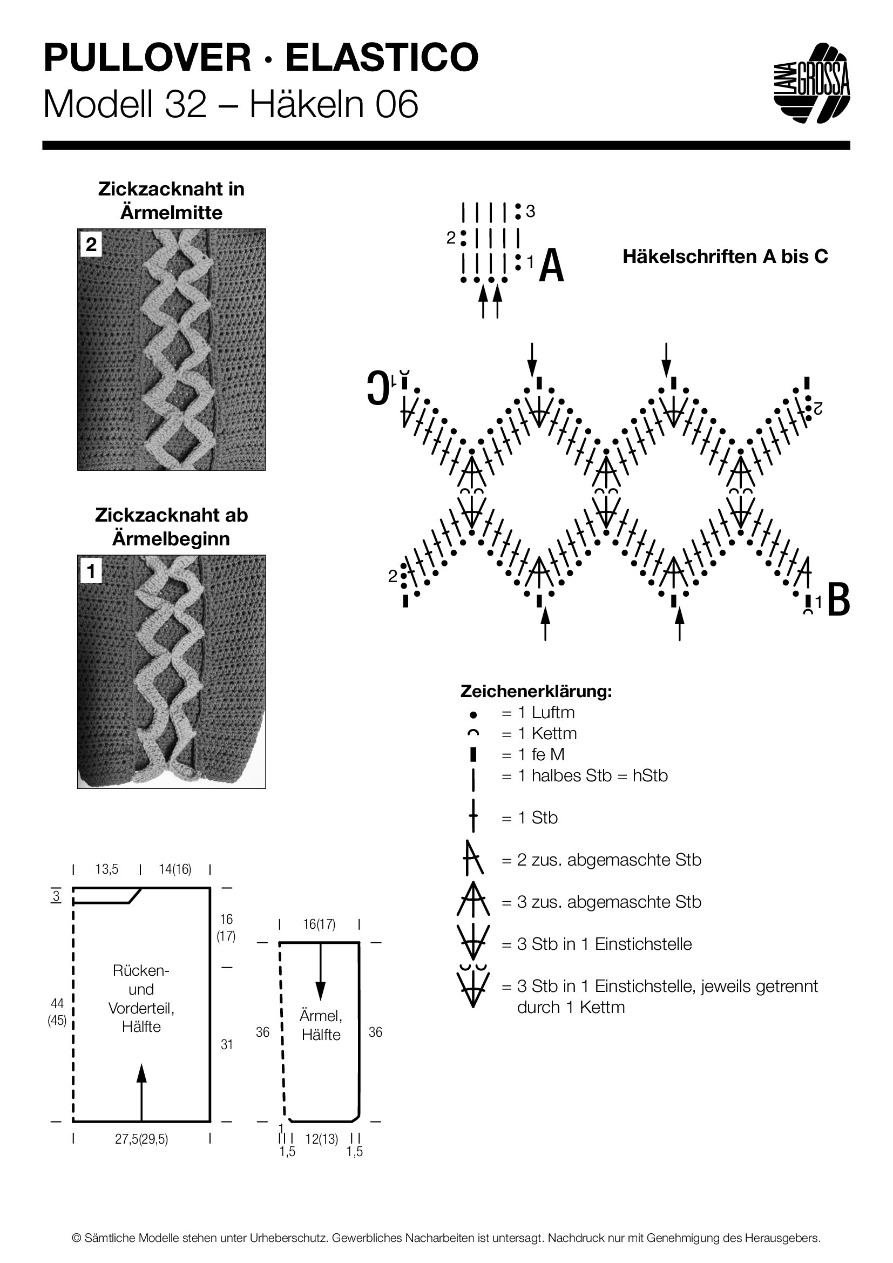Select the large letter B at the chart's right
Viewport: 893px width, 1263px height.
(838, 598)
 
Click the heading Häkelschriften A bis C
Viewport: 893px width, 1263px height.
(725, 257)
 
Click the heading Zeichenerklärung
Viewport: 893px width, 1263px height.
(536, 692)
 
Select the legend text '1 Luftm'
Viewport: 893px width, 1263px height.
(538, 712)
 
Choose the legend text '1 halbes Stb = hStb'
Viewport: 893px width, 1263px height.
(585, 775)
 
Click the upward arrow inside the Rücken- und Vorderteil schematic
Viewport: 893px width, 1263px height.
(141, 1093)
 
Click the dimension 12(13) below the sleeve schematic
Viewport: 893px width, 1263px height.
(321, 1140)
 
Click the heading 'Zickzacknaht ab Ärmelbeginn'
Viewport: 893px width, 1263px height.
(172, 527)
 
